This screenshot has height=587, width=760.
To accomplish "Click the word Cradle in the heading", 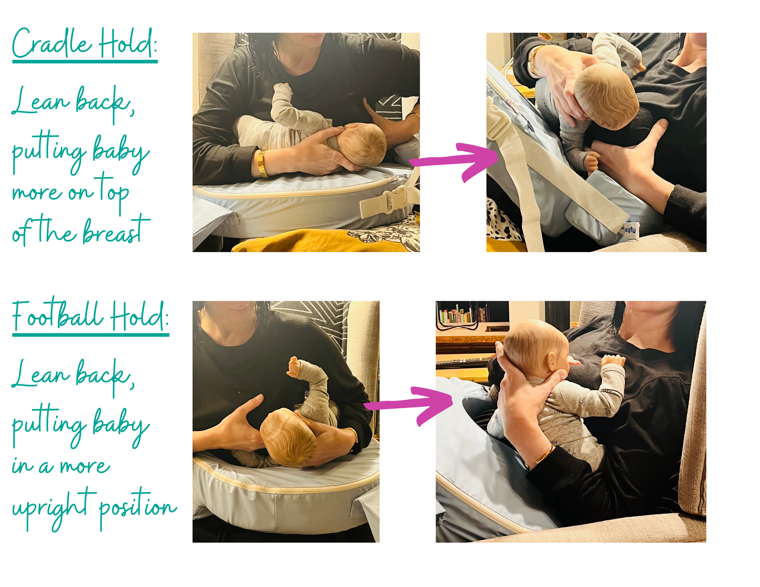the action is [x=52, y=43].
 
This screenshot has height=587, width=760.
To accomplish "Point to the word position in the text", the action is [x=138, y=507].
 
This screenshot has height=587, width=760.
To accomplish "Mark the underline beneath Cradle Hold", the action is [x=85, y=62].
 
